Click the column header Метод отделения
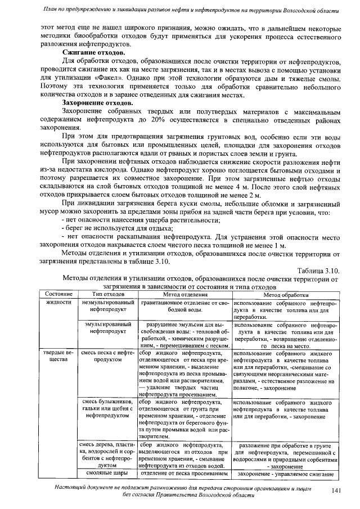coord(185,295)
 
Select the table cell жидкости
coord(58,303)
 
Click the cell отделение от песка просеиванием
coord(185,473)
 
